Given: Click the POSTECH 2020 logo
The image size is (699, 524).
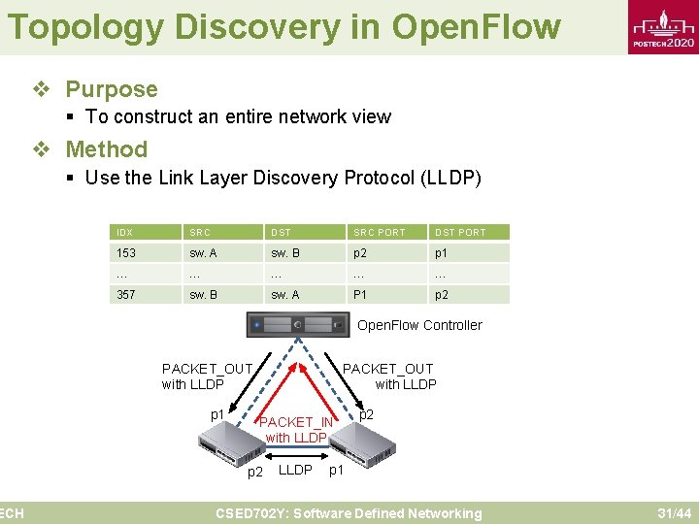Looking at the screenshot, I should tap(663, 30).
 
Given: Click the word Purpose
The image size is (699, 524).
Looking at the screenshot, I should tap(111, 89).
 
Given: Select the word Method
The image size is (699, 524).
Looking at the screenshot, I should tap(106, 149).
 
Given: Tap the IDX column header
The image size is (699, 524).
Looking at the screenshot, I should tap(125, 233).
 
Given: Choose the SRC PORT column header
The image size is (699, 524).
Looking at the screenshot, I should tap(379, 233).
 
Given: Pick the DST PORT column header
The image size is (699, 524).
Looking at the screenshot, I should tap(460, 233).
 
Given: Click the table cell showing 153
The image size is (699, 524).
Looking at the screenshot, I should tap(126, 253).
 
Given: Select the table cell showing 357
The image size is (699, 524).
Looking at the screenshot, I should tap(126, 295).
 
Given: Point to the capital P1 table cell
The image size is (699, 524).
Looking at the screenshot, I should tap(360, 295).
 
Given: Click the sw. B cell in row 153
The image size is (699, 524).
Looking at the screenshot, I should tap(284, 253).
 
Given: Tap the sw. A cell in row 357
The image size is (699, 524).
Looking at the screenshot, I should tap(284, 295).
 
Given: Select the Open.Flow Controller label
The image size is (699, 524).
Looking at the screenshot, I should tap(419, 325).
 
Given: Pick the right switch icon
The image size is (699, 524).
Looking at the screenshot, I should tap(361, 443).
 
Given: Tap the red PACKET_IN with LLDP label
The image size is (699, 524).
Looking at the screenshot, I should tap(296, 430).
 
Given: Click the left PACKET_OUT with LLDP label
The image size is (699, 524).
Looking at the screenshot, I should tap(207, 377).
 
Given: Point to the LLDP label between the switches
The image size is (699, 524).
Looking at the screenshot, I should tap(295, 471).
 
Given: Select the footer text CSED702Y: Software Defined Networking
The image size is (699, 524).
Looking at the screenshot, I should tap(348, 513).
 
